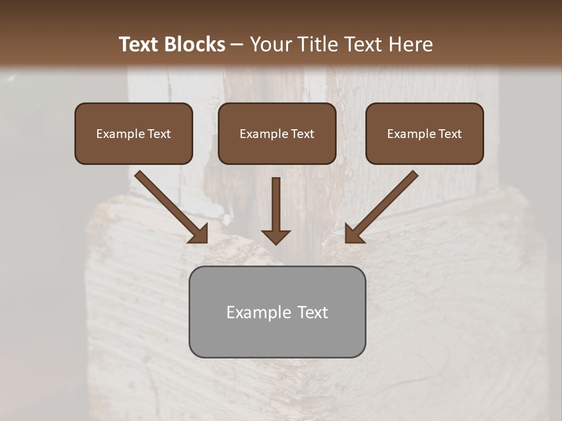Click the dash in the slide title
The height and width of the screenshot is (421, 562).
point(237,45)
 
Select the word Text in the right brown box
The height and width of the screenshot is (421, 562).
point(450,134)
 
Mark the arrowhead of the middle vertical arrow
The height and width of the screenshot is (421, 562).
point(276,236)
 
